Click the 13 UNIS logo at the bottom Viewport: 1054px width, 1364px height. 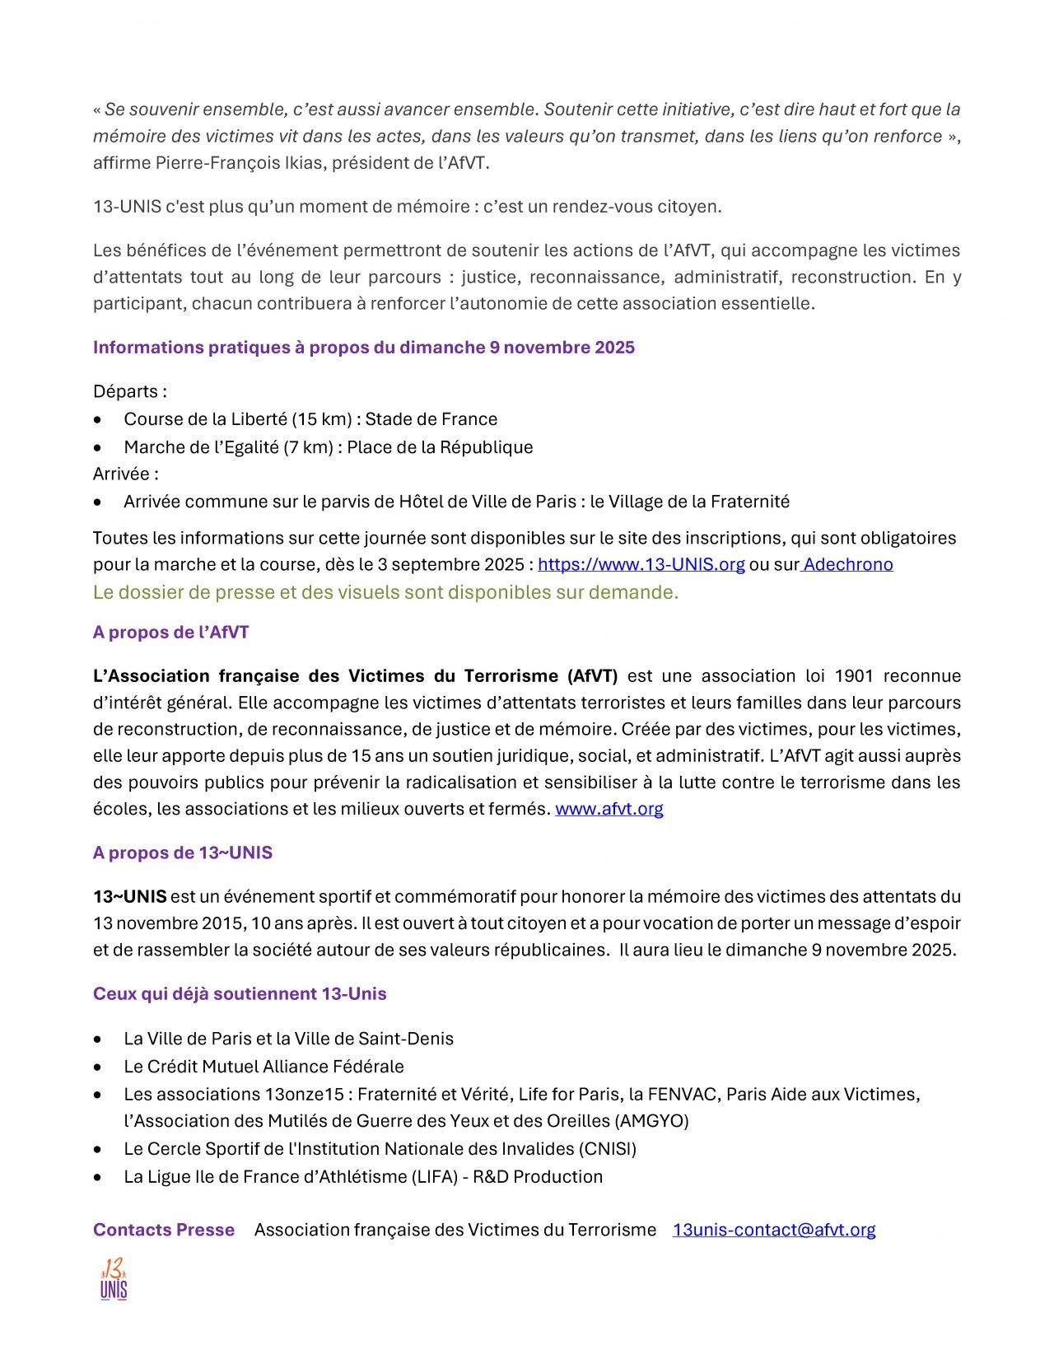coord(114,1279)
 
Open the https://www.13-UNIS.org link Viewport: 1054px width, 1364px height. coord(641,564)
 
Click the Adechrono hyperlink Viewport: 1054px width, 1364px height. coord(848,564)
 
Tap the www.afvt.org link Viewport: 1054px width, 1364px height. coord(609,809)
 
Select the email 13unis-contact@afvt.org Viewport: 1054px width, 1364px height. coord(773,1230)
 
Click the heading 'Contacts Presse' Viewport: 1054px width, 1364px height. coord(164,1230)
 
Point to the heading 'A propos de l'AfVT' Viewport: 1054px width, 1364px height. coord(170,633)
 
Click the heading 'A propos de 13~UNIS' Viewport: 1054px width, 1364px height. coord(182,852)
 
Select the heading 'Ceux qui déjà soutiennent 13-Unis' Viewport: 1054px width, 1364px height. coord(240,993)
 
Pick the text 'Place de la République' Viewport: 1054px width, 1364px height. coord(440,447)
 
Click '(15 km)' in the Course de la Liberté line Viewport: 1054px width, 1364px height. coord(324,419)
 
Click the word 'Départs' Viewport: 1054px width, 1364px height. coord(126,391)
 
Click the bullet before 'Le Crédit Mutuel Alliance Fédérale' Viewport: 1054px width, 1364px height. coord(98,1067)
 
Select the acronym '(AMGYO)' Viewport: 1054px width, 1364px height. coord(648,1121)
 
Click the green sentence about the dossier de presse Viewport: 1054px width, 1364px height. coord(385,592)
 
